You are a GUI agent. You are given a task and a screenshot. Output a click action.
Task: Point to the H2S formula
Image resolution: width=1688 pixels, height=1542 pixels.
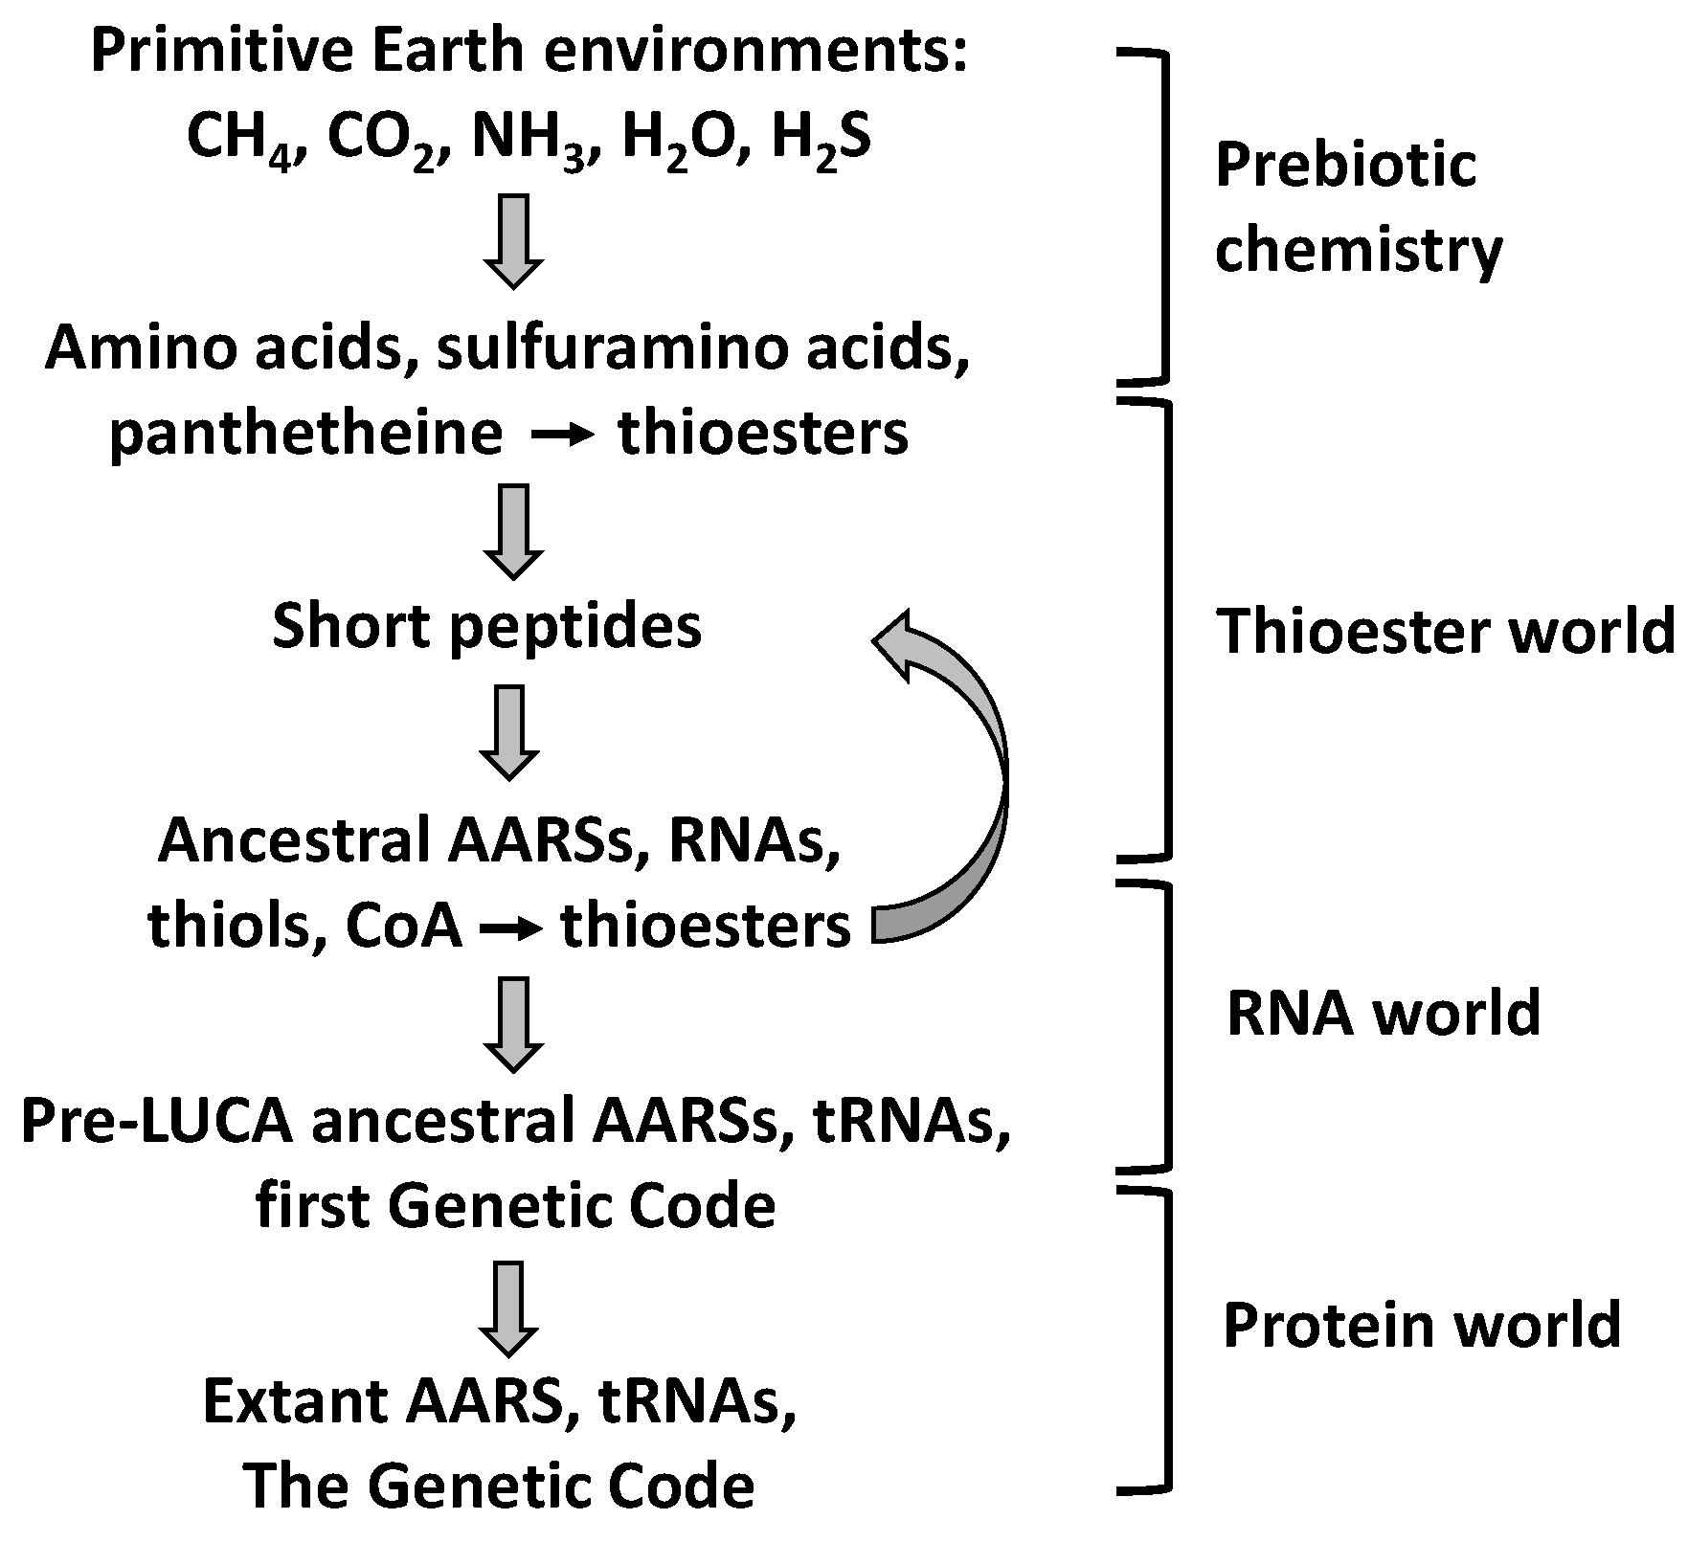coord(821,140)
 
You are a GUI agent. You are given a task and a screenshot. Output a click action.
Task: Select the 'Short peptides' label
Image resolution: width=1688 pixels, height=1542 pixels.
coord(487,627)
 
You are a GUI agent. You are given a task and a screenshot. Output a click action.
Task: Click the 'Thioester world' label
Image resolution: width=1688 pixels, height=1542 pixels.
coord(1446,632)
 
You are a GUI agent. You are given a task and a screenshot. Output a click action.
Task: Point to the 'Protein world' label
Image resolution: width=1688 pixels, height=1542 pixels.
coord(1422,1325)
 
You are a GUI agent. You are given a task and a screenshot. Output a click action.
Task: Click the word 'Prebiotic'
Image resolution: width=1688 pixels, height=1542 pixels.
coord(1345,165)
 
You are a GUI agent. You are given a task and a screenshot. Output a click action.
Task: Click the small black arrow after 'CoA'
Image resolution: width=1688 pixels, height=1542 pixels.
coord(511,927)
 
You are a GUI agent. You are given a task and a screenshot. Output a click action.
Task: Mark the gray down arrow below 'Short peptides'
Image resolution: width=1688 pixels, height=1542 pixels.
coord(509,731)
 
